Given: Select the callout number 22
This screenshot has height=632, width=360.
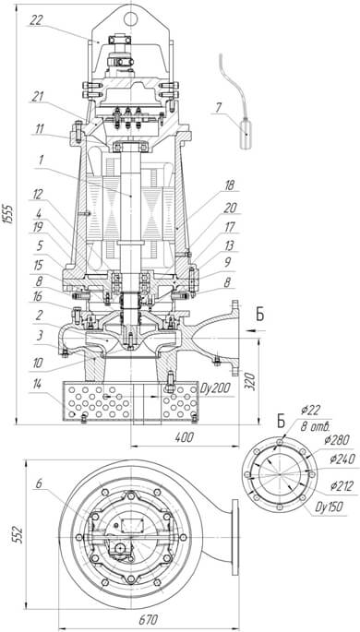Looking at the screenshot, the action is click(35, 20).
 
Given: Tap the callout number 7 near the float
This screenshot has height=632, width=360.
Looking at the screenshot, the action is click(218, 109).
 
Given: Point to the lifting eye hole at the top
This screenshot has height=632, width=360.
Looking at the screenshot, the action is click(131, 18).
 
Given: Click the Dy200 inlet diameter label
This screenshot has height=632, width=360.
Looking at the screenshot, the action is click(215, 388).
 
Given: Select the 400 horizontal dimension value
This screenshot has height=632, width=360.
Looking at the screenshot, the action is click(185, 437).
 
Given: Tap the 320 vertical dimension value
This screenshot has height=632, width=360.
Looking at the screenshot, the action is click(250, 380).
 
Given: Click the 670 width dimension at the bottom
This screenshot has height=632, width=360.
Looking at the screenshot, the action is click(149, 619).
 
